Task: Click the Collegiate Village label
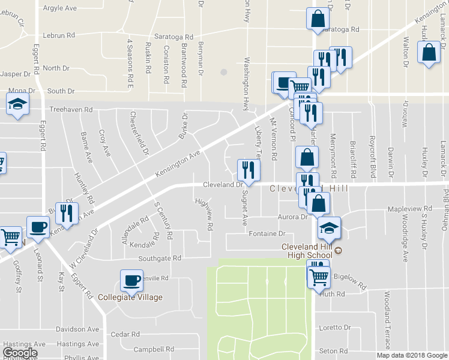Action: (131, 297)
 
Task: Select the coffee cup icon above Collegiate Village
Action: (131, 280)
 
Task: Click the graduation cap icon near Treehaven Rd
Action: (18, 104)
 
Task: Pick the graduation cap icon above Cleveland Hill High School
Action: (329, 228)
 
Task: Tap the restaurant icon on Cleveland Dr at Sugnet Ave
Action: (247, 169)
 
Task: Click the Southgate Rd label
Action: (160, 259)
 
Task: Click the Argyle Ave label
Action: (61, 8)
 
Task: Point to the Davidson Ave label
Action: (77, 329)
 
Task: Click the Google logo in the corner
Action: (20, 353)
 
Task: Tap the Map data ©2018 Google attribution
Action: (411, 355)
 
